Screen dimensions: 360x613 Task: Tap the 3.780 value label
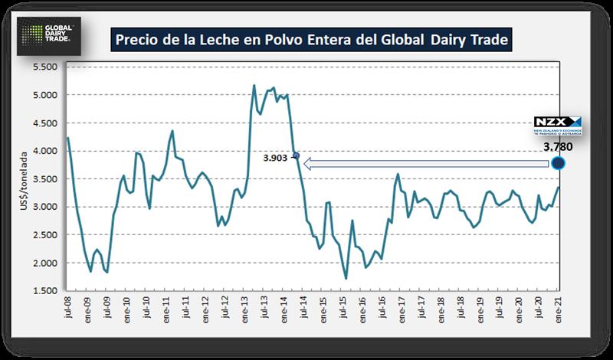558,146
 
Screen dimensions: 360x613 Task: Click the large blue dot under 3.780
558,162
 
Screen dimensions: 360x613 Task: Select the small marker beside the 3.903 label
297,155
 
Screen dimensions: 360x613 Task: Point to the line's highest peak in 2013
254,85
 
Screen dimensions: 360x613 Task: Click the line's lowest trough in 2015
346,278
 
